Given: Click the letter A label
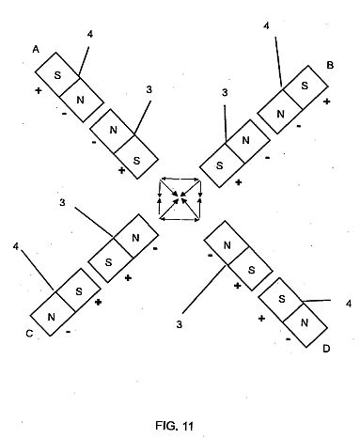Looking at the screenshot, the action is [37, 49].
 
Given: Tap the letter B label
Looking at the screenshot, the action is [330, 65].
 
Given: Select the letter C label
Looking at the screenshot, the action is [29, 334].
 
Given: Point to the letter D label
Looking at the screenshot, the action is [326, 349].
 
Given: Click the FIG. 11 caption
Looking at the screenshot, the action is [174, 426].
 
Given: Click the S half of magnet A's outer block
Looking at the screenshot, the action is [57, 74].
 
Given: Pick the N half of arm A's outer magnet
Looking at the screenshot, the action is [81, 100].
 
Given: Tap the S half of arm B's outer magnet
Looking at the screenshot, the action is [305, 86].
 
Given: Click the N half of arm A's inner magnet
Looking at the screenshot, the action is [113, 131].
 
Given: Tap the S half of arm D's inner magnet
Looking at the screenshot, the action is [251, 269].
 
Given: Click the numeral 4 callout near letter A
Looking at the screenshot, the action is [90, 34].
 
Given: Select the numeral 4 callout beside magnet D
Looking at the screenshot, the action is [348, 304].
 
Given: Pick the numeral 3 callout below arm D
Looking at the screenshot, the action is [179, 324].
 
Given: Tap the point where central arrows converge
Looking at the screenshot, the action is [180, 198].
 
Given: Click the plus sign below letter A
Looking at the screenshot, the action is [38, 91].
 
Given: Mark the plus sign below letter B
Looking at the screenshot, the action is [326, 102].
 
